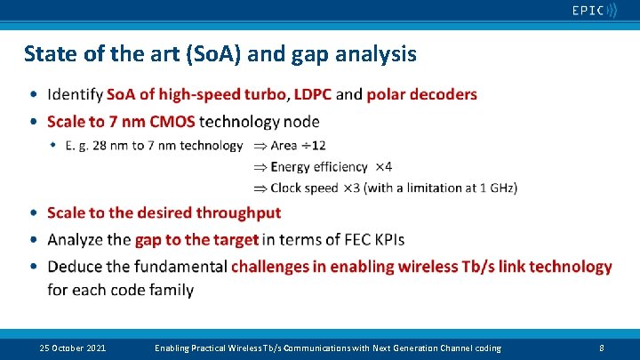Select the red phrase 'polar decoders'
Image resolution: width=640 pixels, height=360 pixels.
tap(421, 94)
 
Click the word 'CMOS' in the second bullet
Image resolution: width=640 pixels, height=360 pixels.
tap(172, 121)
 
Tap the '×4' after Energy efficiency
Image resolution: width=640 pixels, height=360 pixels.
tap(383, 166)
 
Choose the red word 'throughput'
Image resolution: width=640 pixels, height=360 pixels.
tap(237, 212)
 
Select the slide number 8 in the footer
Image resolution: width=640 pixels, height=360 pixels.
tap(602, 348)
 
